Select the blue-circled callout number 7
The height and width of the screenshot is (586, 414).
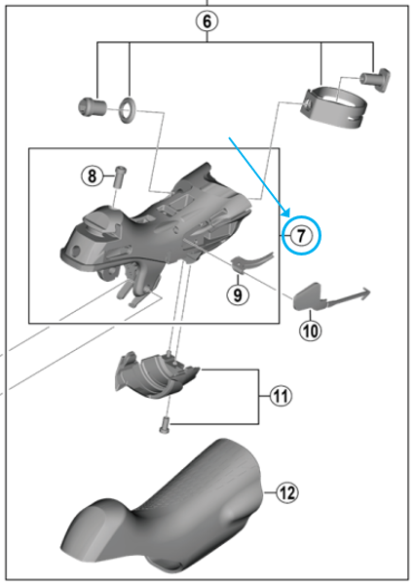click(x=301, y=235)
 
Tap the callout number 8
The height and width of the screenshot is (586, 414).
click(x=92, y=176)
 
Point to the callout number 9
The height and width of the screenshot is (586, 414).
click(x=236, y=292)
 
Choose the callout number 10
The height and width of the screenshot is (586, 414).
click(x=310, y=331)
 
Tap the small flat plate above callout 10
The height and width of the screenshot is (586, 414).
click(x=310, y=294)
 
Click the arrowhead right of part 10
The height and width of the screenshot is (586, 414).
click(x=362, y=291)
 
